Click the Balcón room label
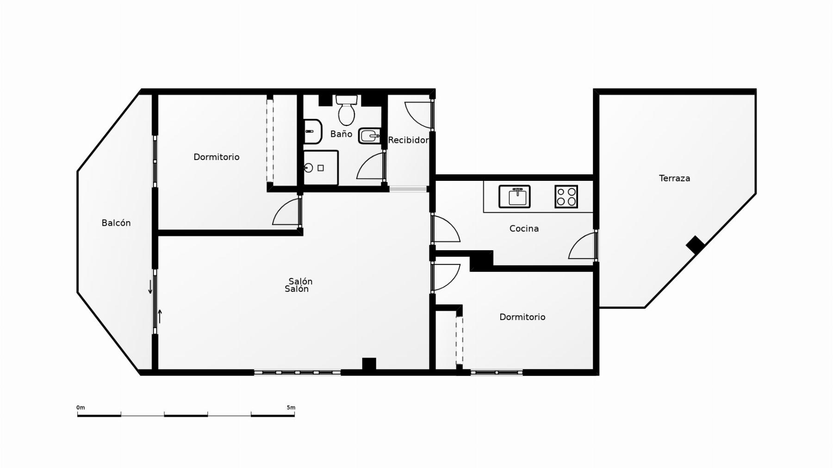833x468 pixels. [116, 223]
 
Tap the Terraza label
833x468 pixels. [674, 178]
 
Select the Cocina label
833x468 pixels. [524, 228]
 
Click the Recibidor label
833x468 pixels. [408, 140]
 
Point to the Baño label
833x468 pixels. [341, 134]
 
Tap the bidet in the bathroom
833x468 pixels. [370, 135]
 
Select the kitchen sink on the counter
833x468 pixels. [515, 197]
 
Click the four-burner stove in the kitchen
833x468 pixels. [566, 197]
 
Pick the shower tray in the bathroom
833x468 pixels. [321, 167]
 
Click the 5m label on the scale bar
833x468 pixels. [291, 407]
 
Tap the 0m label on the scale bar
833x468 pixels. [81, 407]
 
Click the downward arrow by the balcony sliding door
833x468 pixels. [150, 287]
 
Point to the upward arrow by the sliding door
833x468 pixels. [160, 316]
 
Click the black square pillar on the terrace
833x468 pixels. [695, 245]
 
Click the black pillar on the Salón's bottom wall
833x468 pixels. [369, 364]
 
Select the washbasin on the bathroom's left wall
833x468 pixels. [312, 131]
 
